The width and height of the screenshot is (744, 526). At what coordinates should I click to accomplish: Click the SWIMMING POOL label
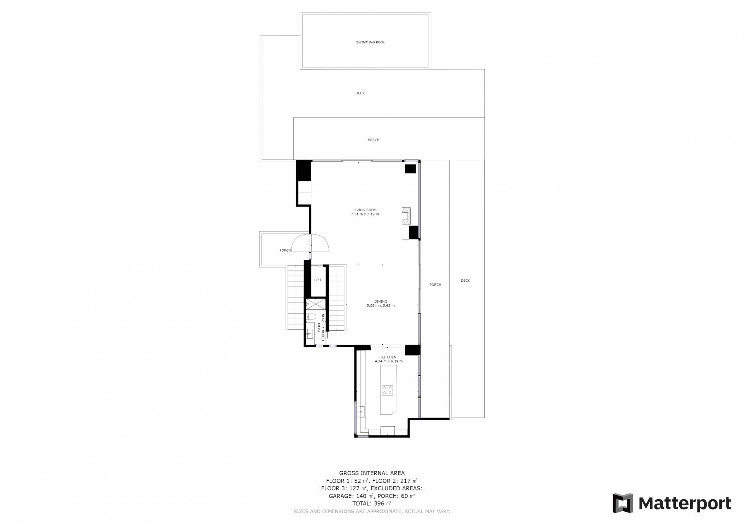click(370, 42)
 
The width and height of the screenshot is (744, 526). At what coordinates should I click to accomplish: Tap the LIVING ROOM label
click(365, 210)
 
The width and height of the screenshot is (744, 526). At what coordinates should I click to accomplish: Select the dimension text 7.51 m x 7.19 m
click(365, 214)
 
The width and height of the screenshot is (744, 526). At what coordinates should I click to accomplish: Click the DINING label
click(381, 302)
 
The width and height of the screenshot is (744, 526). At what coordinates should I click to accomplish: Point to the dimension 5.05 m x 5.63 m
click(381, 306)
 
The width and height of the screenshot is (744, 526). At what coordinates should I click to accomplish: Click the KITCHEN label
click(389, 357)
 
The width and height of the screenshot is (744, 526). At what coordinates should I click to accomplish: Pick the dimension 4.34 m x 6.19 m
click(389, 362)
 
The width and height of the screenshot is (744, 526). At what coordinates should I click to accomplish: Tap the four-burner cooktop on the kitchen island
click(387, 390)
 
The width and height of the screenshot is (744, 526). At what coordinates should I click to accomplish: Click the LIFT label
click(318, 280)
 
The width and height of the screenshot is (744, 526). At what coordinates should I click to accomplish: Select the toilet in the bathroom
click(311, 317)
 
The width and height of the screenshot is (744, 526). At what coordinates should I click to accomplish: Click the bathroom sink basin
click(310, 333)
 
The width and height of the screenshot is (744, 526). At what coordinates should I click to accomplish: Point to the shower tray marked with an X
click(316, 304)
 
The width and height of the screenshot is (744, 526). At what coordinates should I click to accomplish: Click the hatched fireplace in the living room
click(406, 216)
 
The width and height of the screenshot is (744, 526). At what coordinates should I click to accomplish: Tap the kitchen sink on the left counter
click(362, 411)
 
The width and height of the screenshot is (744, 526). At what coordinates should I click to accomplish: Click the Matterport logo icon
click(622, 503)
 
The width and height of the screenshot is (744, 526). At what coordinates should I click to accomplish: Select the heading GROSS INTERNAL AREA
click(372, 473)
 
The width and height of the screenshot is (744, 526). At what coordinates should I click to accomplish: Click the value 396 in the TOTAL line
click(379, 504)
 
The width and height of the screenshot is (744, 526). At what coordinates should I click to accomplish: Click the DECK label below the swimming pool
click(360, 93)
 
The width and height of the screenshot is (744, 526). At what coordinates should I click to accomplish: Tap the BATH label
click(319, 328)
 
